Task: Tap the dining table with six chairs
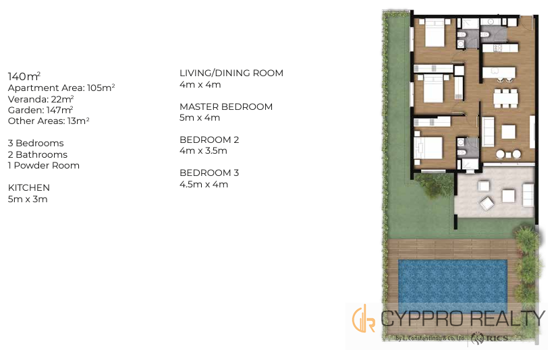click(x=505, y=98)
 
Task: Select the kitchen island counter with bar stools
click(x=499, y=74)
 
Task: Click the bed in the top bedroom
click(x=435, y=33)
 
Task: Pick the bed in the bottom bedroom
click(x=428, y=148)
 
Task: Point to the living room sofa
click(x=488, y=131)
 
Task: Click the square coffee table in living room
click(x=509, y=131)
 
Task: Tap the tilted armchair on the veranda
click(x=486, y=204)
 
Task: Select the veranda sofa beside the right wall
click(x=528, y=194)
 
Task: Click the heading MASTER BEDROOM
click(x=226, y=107)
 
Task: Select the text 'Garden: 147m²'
click(x=40, y=110)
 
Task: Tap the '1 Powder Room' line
click(x=44, y=165)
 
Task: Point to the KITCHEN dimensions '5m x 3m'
click(x=28, y=199)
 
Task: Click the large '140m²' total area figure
click(x=24, y=76)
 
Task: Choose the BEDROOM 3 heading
click(x=209, y=173)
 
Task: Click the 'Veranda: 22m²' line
click(x=41, y=99)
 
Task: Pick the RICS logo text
click(x=496, y=338)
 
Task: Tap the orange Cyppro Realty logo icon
click(x=363, y=318)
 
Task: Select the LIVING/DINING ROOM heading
click(x=231, y=73)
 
